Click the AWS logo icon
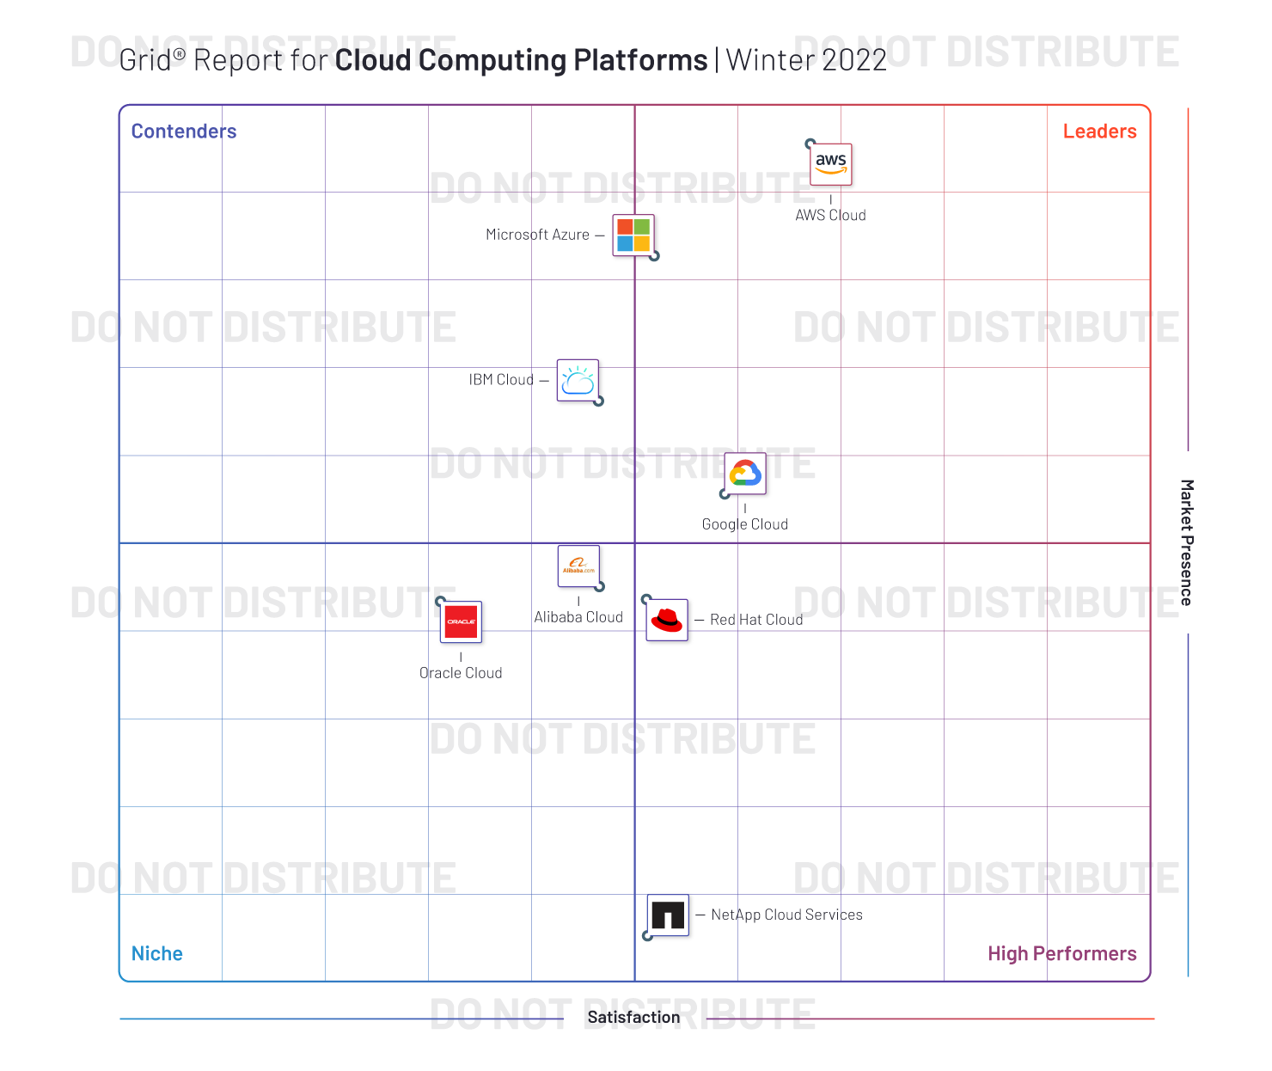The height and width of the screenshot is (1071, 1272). pyautogui.click(x=831, y=163)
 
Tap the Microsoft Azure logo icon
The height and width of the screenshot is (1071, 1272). pyautogui.click(x=633, y=235)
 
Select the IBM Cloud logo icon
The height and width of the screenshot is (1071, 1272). pyautogui.click(x=578, y=381)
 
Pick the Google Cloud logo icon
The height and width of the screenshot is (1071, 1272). pyautogui.click(x=745, y=474)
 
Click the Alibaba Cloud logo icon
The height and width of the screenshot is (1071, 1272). pyautogui.click(x=578, y=566)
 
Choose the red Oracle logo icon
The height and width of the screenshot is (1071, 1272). pyautogui.click(x=462, y=621)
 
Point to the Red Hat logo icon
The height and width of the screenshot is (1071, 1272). pyautogui.click(x=667, y=620)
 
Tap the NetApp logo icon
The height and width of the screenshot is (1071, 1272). pyautogui.click(x=668, y=915)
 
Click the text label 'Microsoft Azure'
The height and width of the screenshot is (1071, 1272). pyautogui.click(x=537, y=235)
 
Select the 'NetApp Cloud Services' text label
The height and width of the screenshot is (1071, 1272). pyautogui.click(x=786, y=915)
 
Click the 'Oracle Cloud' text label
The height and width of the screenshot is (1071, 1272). pyautogui.click(x=461, y=673)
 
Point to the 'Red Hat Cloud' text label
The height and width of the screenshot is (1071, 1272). pyautogui.click(x=756, y=620)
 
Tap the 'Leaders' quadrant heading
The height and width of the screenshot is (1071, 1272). pyautogui.click(x=1099, y=132)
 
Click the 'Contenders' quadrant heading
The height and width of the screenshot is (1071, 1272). pyautogui.click(x=184, y=132)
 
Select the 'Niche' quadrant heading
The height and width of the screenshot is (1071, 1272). pyautogui.click(x=157, y=953)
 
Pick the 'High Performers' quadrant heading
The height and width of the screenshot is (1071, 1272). pyautogui.click(x=1061, y=953)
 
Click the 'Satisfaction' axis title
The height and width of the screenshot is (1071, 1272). pyautogui.click(x=633, y=1017)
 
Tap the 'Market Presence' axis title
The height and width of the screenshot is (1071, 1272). pyautogui.click(x=1187, y=542)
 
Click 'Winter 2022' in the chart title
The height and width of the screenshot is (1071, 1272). pyautogui.click(x=806, y=60)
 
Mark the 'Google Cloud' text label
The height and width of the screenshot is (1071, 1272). pyautogui.click(x=745, y=524)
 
